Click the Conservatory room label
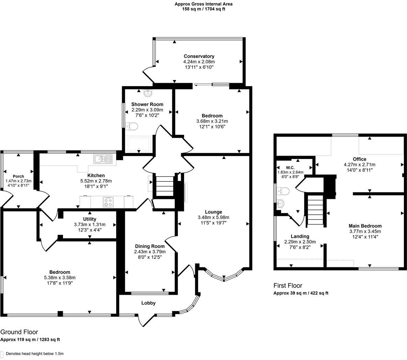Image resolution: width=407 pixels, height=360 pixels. (x=199, y=56)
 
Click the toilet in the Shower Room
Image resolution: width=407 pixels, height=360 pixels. (x=132, y=126)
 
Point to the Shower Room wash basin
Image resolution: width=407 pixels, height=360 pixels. (x=148, y=92)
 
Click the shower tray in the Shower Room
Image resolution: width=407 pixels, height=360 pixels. (x=139, y=144)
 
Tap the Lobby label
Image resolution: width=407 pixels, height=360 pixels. (x=148, y=303)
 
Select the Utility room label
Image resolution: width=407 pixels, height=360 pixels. (x=90, y=219)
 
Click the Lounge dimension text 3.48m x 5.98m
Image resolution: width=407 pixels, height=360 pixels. (x=213, y=217)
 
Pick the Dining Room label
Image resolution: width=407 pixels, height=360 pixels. (x=150, y=246)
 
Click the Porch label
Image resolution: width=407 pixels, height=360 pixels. (x=18, y=176)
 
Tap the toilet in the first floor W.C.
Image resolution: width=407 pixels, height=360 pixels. (x=284, y=191)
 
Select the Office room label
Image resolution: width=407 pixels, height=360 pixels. (x=359, y=159)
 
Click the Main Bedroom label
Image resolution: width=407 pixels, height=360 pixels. (x=365, y=226)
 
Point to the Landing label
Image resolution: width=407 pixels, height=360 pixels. (x=300, y=236)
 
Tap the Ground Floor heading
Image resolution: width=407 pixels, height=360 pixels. (x=19, y=332)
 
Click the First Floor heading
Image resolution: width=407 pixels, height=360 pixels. (x=288, y=285)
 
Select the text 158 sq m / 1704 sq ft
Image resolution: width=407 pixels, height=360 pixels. (x=203, y=9)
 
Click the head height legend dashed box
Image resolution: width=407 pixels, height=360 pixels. (x=2, y=354)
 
